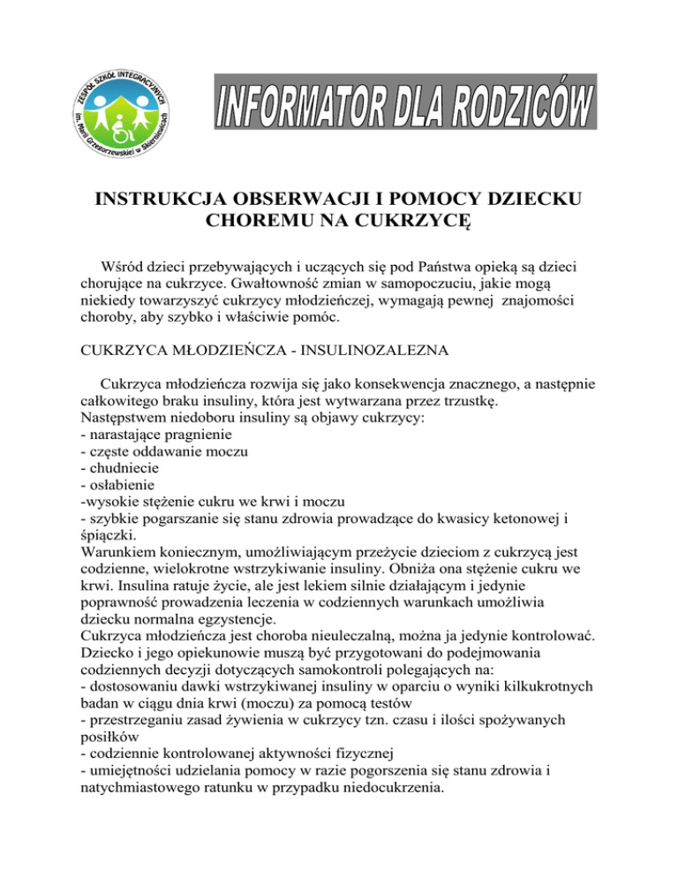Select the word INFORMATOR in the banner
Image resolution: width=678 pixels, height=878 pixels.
[301, 114]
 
